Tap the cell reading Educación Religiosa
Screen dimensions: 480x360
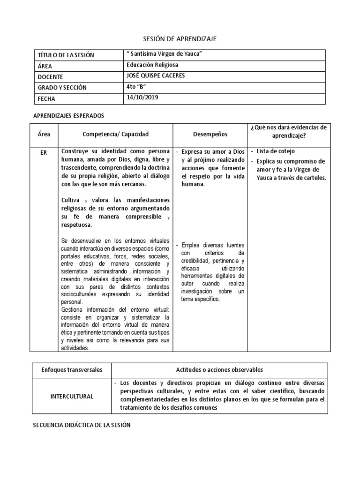(152, 66)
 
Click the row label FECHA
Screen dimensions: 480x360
(46, 99)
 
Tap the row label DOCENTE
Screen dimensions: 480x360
(51, 77)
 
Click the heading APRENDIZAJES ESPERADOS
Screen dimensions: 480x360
(68, 115)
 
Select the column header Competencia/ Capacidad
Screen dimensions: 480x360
(115, 135)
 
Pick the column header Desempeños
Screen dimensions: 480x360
(210, 135)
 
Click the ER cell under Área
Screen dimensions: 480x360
(44, 152)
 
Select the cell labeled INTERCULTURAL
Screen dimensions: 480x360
(72, 396)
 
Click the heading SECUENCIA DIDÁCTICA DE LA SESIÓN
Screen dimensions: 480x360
(82, 425)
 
